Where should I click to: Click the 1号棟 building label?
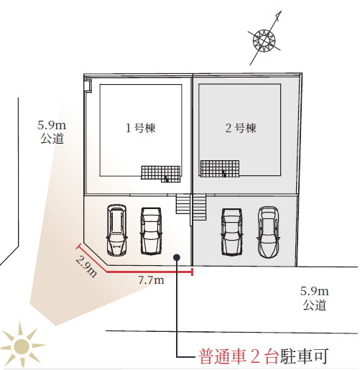click(x=141, y=128)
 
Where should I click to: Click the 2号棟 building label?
click(x=241, y=128)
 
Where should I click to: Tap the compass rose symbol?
click(x=264, y=40)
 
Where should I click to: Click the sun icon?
click(x=22, y=346)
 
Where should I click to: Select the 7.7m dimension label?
click(x=151, y=280)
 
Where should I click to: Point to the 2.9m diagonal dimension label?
click(x=87, y=266)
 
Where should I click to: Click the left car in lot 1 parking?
click(x=116, y=230)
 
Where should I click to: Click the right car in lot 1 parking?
click(x=151, y=231)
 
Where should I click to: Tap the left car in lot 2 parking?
click(x=232, y=232)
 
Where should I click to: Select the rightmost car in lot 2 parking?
click(x=269, y=232)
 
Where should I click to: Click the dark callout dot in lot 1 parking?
click(x=177, y=257)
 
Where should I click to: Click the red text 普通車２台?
click(x=239, y=356)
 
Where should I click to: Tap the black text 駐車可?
click(x=304, y=356)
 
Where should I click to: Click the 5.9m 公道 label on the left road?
click(x=52, y=132)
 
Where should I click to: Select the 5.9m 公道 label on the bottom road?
click(x=315, y=298)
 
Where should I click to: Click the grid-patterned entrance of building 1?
click(x=161, y=174)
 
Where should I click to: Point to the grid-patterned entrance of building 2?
click(x=220, y=169)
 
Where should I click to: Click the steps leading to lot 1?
click(x=183, y=204)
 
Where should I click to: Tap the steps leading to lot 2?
click(x=199, y=207)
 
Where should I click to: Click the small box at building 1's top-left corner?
click(x=88, y=85)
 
